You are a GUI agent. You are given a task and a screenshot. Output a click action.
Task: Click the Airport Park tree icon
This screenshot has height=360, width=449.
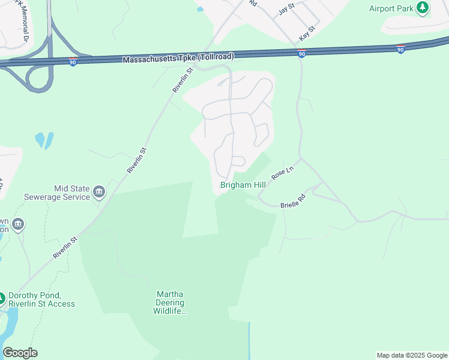point(424,7)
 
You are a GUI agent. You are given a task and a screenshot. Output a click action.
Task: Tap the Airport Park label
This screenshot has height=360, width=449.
point(390,8)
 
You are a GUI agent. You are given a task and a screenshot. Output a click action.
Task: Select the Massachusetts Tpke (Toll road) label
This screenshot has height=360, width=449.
point(178,58)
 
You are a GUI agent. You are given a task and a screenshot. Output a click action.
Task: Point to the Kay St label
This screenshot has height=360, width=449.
point(308,30)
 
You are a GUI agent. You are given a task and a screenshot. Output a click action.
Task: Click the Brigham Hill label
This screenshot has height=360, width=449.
point(243,185)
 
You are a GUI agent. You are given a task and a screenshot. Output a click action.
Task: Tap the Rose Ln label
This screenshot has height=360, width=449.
point(282,173)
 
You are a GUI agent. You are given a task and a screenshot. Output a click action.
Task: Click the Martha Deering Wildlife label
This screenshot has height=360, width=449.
point(170,302)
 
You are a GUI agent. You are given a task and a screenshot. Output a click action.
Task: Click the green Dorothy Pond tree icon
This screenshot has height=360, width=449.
point(1,297)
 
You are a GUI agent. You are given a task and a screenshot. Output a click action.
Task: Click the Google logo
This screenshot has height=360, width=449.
point(20,353)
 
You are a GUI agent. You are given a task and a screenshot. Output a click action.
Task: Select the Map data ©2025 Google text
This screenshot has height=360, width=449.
point(412,355)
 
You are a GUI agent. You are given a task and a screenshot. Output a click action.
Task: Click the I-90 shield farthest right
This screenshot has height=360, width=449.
point(400,50)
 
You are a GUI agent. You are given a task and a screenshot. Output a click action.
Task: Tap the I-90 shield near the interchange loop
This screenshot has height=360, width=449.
point(73,62)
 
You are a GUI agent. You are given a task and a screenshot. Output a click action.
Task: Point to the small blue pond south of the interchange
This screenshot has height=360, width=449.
point(44,140)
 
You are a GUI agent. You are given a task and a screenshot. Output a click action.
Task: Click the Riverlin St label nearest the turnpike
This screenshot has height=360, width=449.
point(182,80)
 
